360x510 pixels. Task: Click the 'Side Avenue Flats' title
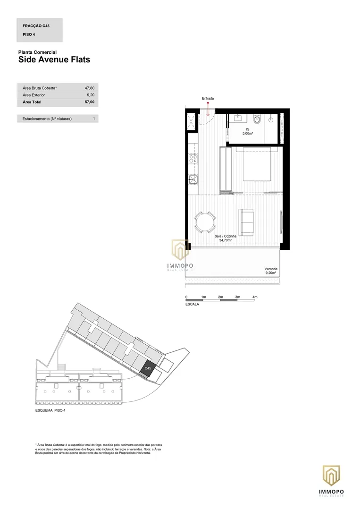(54, 59)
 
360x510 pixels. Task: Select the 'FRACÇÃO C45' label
(36, 25)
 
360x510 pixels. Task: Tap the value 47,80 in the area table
(90, 88)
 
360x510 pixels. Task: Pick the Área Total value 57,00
(90, 102)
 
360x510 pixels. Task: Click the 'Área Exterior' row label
(34, 95)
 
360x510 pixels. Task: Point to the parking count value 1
(94, 119)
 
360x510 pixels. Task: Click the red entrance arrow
(208, 109)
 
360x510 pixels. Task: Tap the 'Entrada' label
(208, 98)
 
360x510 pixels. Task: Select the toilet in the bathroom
(258, 119)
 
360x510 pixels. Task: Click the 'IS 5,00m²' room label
(248, 131)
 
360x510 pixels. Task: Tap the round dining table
(205, 222)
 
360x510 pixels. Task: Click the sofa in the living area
(246, 222)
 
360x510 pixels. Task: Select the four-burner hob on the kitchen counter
(193, 159)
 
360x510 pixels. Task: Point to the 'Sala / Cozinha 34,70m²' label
(226, 238)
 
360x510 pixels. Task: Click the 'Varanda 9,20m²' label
(271, 271)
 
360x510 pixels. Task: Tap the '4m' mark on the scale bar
(255, 297)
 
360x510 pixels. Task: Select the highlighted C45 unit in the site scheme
(148, 368)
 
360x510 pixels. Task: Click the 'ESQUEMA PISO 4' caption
(50, 410)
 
